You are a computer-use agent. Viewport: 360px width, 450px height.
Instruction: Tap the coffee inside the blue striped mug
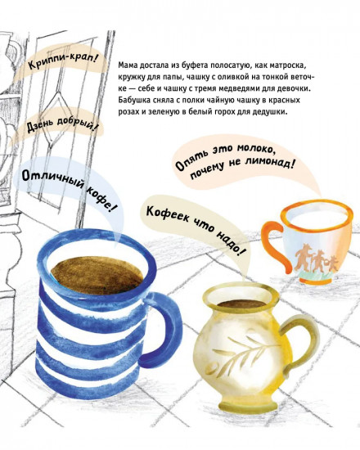pyautogui.click(x=97, y=277)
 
